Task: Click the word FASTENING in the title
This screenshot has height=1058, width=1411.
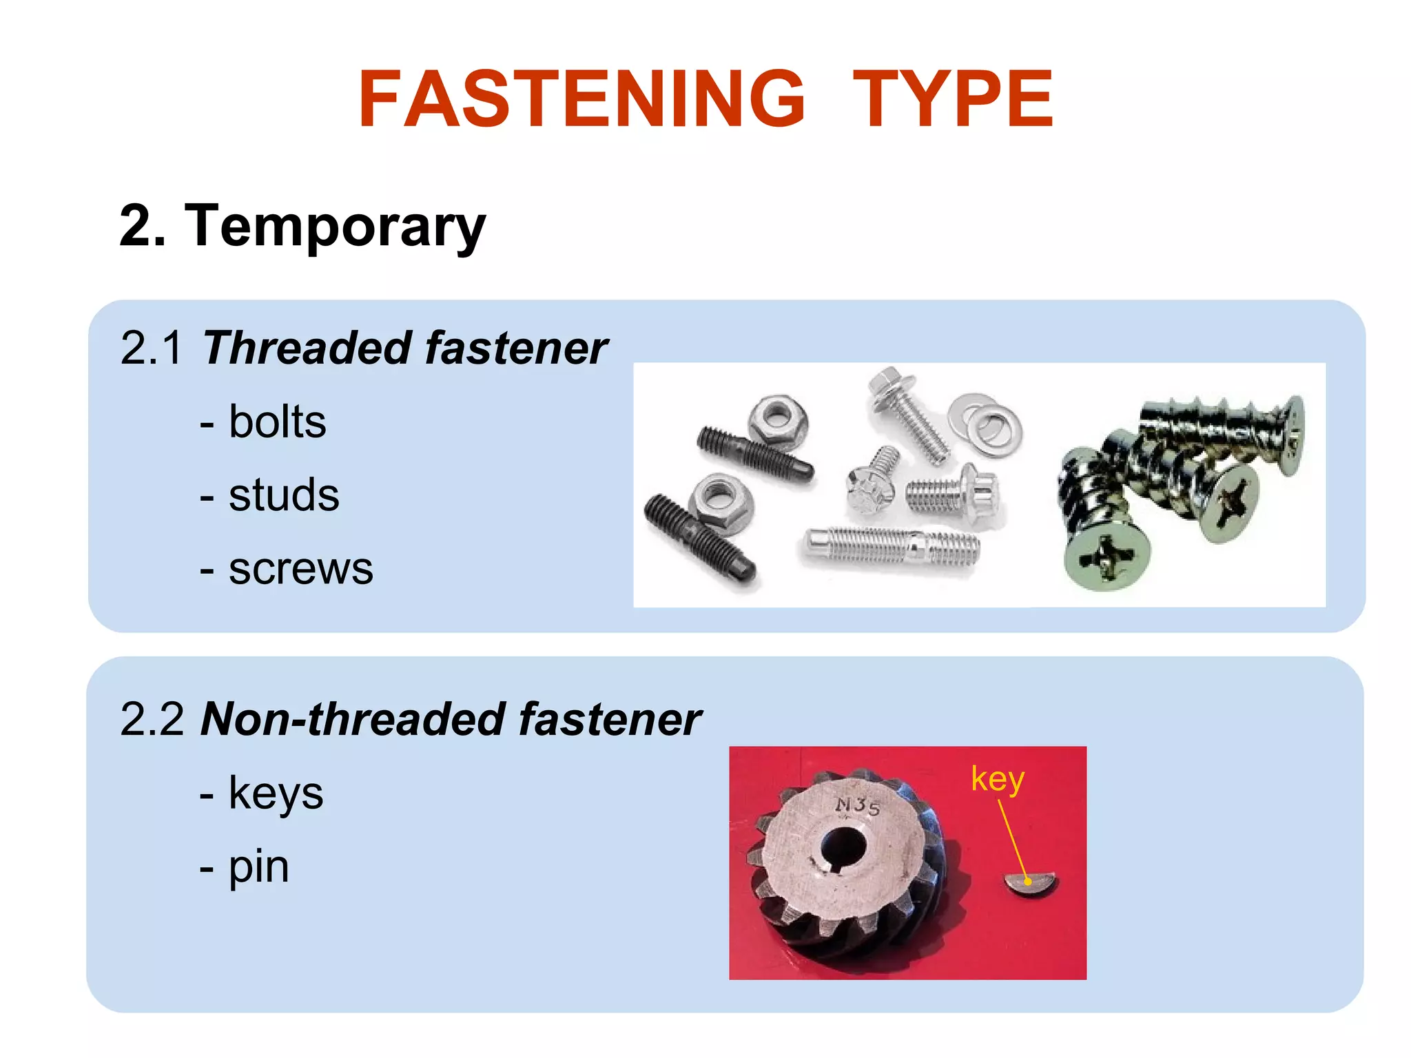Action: pos(581,100)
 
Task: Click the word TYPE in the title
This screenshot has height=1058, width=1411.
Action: pos(953,100)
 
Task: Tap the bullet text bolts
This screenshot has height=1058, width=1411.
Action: pos(277,422)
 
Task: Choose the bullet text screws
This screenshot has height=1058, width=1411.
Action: pos(300,569)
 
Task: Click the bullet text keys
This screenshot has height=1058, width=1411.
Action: pos(276,793)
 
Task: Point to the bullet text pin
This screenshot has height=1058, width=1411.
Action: pos(258,867)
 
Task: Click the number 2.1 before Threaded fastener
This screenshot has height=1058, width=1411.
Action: pos(151,348)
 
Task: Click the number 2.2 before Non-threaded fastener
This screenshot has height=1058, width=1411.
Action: pos(152,719)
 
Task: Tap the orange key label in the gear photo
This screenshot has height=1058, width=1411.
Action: pos(997,779)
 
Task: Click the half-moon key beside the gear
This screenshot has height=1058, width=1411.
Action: pos(1030,884)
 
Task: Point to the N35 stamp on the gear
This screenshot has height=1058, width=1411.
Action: pos(858,805)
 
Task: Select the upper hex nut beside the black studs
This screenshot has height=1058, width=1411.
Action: pos(779,417)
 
